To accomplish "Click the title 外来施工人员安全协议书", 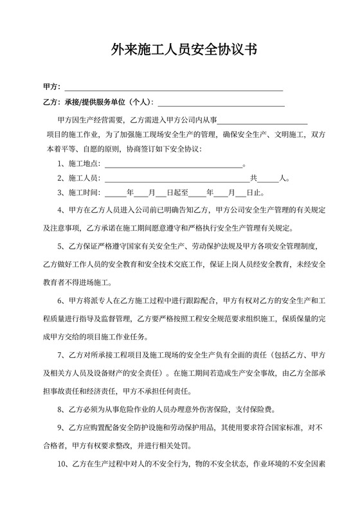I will coord(180,49).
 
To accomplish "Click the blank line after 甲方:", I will coord(174,87).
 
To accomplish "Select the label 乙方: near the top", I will coord(51,102).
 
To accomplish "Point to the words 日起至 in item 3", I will coord(177,192).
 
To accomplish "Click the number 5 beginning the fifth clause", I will coord(60,246).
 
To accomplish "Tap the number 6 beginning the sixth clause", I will coord(60,299).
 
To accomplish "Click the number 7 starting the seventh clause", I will coord(60,353).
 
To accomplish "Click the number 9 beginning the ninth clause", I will coord(60,425).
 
